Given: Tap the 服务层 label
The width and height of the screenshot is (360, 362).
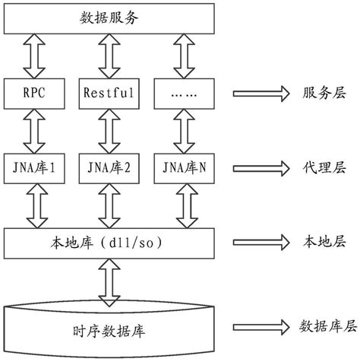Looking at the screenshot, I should click(319, 94).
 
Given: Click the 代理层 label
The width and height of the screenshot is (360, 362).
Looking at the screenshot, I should click(319, 166).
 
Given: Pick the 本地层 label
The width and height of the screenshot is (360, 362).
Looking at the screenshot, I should click(319, 243).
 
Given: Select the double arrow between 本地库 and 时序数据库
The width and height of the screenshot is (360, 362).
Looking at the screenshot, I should click(106, 282).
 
